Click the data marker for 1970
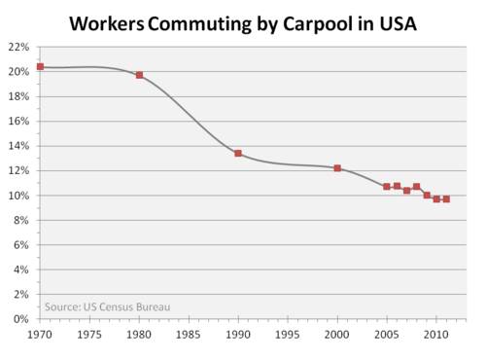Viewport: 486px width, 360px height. tap(40, 67)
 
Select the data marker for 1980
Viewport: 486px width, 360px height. tap(139, 75)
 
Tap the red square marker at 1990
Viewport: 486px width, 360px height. tap(238, 153)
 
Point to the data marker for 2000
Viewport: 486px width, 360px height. tap(337, 168)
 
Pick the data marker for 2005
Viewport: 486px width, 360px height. tap(387, 187)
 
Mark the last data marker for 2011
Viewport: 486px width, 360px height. tap(446, 199)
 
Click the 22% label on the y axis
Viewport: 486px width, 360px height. tap(18, 47)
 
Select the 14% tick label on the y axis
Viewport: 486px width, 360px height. tap(18, 146)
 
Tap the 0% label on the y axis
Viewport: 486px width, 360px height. tap(21, 319)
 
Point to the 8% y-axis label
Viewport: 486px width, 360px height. tap(21, 220)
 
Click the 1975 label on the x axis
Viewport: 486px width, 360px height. tap(89, 335)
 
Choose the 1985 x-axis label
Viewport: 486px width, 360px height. tap(189, 335)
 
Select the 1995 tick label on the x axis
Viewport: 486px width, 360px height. tap(288, 335)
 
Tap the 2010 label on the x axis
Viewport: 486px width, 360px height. tap(436, 335)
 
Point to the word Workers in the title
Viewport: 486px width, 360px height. tap(107, 24)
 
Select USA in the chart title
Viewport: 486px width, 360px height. tap(398, 23)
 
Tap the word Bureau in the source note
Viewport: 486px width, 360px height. tap(154, 306)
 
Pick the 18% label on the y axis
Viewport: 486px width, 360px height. tap(18, 96)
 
